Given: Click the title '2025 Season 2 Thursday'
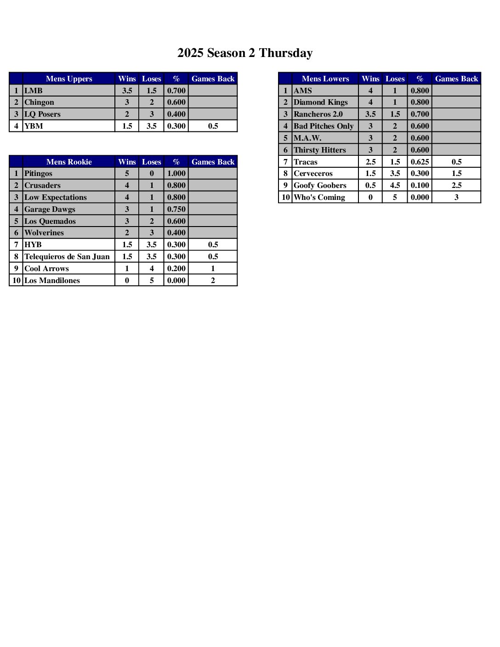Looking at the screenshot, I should point(245,53).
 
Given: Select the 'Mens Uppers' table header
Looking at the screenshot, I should point(69,79).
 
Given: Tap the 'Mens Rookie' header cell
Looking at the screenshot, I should point(69,162).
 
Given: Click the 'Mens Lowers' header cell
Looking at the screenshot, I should point(325,79).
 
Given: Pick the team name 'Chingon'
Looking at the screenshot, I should point(39,102).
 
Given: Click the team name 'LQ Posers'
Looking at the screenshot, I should point(42,114).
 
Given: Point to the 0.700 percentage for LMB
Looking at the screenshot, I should point(176,91).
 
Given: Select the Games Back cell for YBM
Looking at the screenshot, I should point(213,126).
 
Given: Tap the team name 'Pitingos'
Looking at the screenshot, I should point(38,174).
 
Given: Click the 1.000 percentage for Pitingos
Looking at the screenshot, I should point(176,174).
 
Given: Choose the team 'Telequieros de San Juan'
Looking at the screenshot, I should point(67,257).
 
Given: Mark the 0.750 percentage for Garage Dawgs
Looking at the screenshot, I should point(176,209).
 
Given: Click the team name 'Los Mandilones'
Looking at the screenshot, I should point(52,281).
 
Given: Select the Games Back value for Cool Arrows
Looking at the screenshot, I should point(213,269).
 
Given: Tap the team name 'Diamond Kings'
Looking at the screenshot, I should point(321,102).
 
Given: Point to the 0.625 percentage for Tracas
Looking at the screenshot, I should point(420,162).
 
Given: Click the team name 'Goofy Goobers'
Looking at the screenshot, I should point(320,186).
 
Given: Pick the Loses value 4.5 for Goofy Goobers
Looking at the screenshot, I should point(395,186).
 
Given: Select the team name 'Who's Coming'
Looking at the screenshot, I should point(319,198).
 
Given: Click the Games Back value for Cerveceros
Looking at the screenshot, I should point(456,174).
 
